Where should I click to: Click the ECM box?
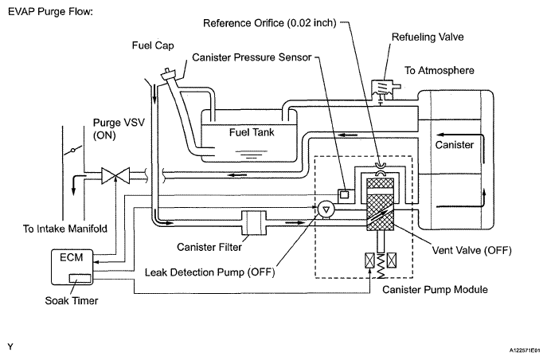pyautogui.click(x=72, y=267)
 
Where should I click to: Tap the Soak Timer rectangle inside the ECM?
pyautogui.click(x=80, y=279)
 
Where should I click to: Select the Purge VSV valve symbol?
pyautogui.click(x=115, y=175)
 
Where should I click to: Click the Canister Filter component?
pyautogui.click(x=254, y=222)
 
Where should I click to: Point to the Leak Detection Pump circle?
pyautogui.click(x=326, y=209)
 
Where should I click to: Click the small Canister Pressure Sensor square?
pyautogui.click(x=344, y=194)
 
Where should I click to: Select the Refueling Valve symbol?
pyautogui.click(x=384, y=89)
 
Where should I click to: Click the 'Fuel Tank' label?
pyautogui.click(x=252, y=132)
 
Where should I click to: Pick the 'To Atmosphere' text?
pyautogui.click(x=440, y=70)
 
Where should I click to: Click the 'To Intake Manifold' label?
pyautogui.click(x=65, y=229)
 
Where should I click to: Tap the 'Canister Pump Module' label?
pyautogui.click(x=435, y=290)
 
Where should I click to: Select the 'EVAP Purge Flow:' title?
pyautogui.click(x=51, y=11)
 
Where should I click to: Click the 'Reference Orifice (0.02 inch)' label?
pyautogui.click(x=270, y=23)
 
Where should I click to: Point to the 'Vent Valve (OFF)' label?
pyautogui.click(x=471, y=250)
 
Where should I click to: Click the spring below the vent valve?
pyautogui.click(x=381, y=266)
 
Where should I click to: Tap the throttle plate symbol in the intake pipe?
pyautogui.click(x=73, y=151)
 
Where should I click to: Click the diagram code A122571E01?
pyautogui.click(x=527, y=350)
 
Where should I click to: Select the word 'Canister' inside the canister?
pyautogui.click(x=454, y=145)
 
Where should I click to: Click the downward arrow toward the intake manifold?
pyautogui.click(x=73, y=185)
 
